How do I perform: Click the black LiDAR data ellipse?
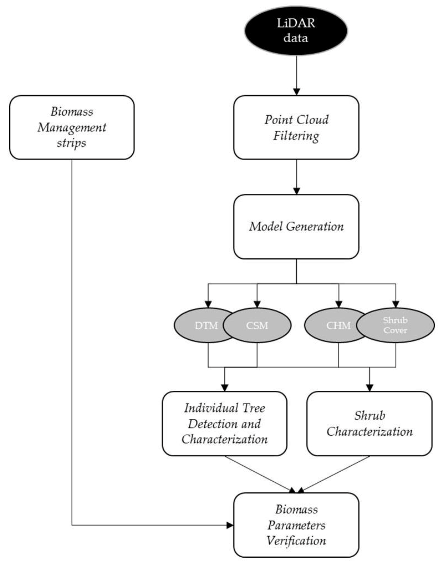pyautogui.click(x=296, y=31)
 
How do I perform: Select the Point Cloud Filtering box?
pyautogui.click(x=296, y=127)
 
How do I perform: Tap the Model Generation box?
pyautogui.click(x=296, y=227)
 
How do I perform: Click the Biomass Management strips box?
pyautogui.click(x=72, y=127)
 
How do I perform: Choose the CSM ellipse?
pyautogui.click(x=257, y=325)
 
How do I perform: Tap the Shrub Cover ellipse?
pyautogui.click(x=395, y=325)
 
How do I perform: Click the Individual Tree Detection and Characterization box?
pyautogui.click(x=225, y=424)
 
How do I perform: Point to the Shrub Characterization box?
pyautogui.click(x=369, y=424)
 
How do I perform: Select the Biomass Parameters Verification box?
pyautogui.click(x=296, y=525)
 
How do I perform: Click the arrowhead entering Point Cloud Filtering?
pyautogui.click(x=296, y=92)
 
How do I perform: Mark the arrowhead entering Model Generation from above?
pyautogui.click(x=296, y=191)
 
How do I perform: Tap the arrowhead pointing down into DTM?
pyautogui.click(x=208, y=304)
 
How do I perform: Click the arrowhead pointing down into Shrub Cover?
pyautogui.click(x=395, y=304)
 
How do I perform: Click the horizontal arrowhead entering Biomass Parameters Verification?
pyautogui.click(x=230, y=525)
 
